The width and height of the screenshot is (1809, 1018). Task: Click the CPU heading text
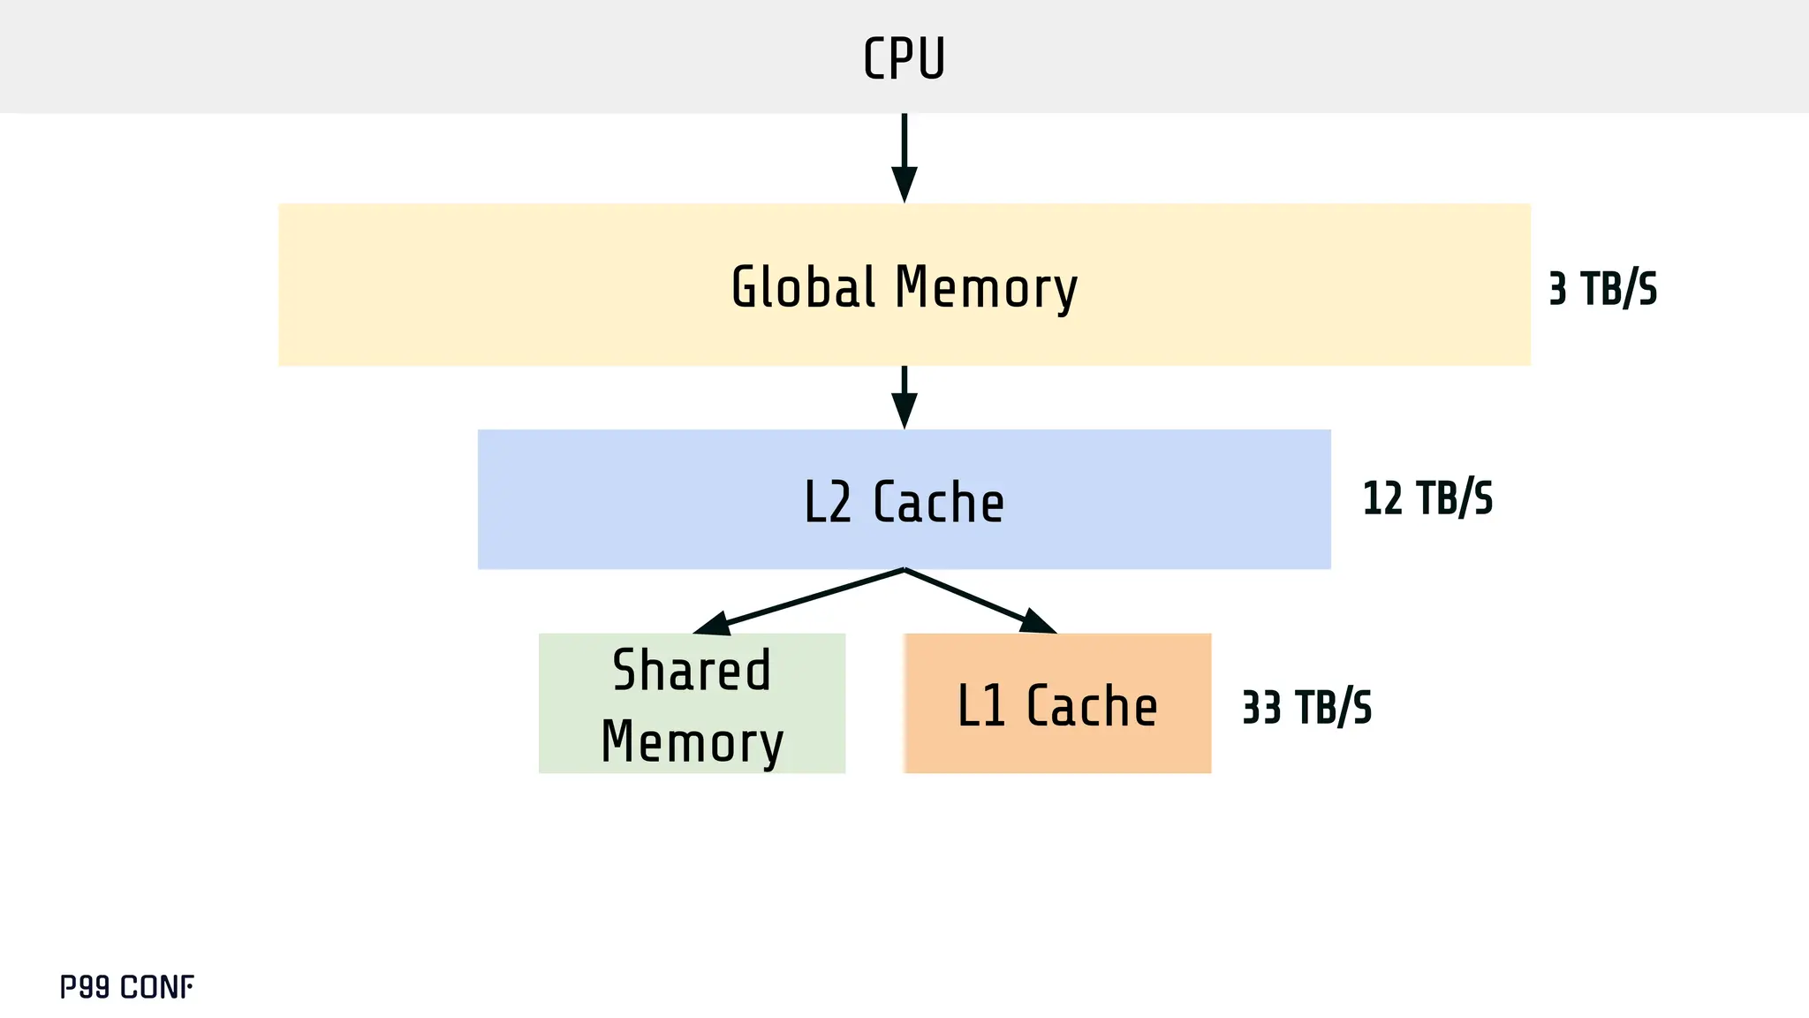coord(904,58)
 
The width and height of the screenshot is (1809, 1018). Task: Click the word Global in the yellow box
coord(803,287)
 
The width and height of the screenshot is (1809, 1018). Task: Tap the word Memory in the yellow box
coord(986,289)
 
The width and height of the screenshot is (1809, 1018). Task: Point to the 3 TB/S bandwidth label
coord(1602,289)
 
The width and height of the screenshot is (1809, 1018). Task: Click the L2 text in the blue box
coord(828,502)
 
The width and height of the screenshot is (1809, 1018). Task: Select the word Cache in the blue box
coord(938,502)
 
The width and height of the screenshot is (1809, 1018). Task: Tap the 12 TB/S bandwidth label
coord(1427,498)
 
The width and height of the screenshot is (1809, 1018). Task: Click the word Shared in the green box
coord(692,670)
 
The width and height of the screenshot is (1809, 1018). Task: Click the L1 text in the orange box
coord(981,706)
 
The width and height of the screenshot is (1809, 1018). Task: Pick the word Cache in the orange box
coord(1092,706)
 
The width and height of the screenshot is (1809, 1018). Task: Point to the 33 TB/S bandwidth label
coord(1306,708)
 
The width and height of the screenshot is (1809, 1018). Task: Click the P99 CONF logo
coord(126,987)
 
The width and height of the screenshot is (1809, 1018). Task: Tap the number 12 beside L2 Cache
coord(1381,498)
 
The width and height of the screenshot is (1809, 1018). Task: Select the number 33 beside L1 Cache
coord(1260,708)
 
